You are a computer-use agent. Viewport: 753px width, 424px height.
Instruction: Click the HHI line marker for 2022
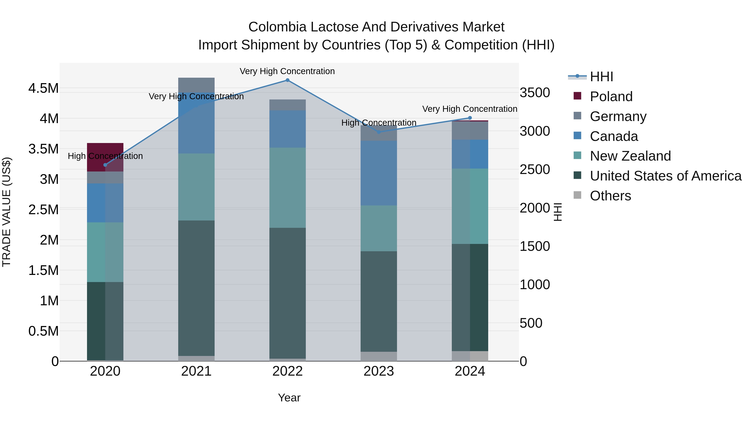tap(287, 80)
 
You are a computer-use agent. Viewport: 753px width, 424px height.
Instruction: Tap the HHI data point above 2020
tap(105, 165)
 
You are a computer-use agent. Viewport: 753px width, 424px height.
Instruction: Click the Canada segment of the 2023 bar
tap(379, 173)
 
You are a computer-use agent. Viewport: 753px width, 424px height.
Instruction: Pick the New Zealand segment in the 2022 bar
tap(287, 188)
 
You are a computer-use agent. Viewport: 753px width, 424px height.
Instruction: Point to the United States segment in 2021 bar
tap(196, 288)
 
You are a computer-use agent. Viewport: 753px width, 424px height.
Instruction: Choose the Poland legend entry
tap(611, 97)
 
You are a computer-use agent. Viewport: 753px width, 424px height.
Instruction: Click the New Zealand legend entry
tap(630, 156)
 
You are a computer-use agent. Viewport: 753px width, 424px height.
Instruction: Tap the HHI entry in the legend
tap(601, 77)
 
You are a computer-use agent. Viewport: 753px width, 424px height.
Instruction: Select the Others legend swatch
tap(577, 195)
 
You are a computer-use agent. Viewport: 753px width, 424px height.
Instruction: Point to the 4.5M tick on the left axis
tap(44, 88)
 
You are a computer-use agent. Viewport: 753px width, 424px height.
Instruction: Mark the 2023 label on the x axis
tap(379, 371)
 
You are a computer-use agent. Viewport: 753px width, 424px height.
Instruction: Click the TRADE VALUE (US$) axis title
tap(7, 212)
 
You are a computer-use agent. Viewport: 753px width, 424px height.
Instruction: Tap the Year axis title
tap(289, 398)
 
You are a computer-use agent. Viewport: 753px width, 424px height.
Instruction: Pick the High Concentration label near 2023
tap(379, 123)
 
